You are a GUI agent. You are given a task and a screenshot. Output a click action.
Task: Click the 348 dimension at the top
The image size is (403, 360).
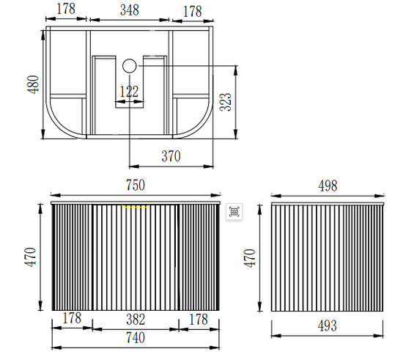(x=130, y=10)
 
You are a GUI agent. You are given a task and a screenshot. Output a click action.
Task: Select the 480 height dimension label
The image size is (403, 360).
(x=33, y=84)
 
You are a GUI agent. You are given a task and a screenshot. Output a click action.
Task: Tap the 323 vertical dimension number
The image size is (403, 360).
(x=226, y=102)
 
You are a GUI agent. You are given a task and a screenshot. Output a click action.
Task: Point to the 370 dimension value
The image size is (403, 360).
(x=171, y=156)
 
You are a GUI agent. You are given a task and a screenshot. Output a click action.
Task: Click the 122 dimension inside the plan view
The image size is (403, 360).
(x=129, y=92)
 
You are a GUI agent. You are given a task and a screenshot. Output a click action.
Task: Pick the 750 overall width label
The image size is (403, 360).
(x=136, y=185)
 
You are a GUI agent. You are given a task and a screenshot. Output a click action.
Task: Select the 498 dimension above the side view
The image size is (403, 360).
(x=328, y=185)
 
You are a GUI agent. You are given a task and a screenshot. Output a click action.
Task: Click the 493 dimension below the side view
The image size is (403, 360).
(x=328, y=326)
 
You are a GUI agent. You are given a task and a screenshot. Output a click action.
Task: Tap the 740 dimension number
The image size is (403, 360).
(x=136, y=337)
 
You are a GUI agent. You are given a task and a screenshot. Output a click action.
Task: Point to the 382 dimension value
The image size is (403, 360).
(x=136, y=320)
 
